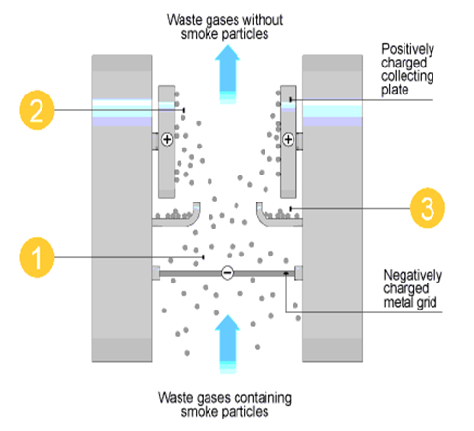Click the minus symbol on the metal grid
click(226, 273)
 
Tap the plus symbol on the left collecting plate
click(167, 141)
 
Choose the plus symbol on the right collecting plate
click(288, 141)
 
